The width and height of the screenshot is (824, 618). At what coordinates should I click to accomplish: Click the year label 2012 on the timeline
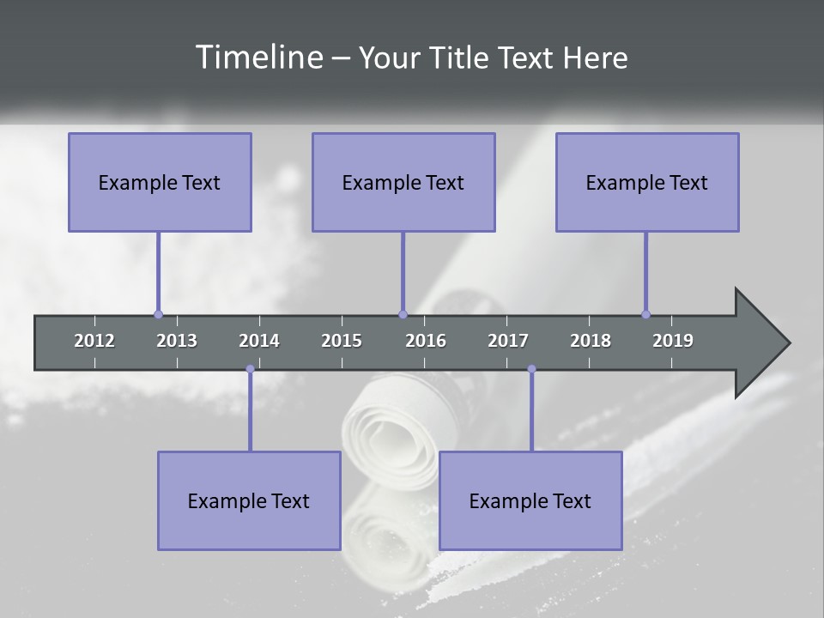[94, 341]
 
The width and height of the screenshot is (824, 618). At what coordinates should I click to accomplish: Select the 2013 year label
[177, 341]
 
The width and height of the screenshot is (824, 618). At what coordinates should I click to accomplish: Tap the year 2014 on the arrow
[259, 341]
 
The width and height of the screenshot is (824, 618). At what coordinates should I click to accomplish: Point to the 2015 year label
[342, 341]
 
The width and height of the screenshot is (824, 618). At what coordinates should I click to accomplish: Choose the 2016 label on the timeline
[426, 341]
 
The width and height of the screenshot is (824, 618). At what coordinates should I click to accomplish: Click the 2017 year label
[508, 341]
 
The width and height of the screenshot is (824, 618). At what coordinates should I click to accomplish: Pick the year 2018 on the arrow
[591, 341]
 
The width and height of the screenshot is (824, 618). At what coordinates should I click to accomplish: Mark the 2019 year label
[673, 341]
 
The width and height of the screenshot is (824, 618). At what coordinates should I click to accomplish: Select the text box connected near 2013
[160, 182]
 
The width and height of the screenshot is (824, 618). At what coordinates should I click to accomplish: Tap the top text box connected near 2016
[403, 182]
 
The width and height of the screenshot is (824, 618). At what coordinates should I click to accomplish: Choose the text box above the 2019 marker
[647, 182]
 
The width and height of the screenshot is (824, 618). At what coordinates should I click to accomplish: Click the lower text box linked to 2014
[249, 500]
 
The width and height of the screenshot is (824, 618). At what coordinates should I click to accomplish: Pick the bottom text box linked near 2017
[530, 500]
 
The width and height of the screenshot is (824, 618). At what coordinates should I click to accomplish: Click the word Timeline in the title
[257, 58]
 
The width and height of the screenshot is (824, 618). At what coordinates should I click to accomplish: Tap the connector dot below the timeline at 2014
[250, 369]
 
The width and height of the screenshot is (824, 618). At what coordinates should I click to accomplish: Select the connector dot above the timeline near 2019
[645, 314]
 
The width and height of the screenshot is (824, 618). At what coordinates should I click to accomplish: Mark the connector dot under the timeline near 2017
[531, 369]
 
